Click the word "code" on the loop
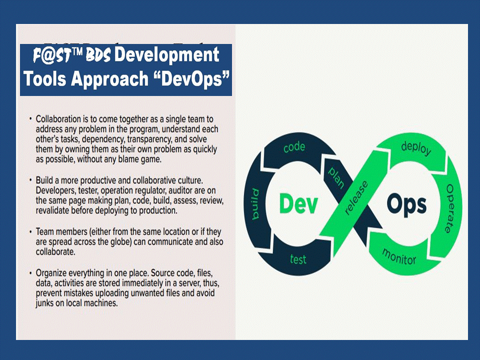coord(294,147)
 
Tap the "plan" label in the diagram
coord(336,177)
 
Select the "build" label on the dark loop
coord(255,204)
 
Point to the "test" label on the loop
coord(298,259)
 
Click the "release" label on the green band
coord(356,197)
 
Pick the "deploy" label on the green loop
coord(416,148)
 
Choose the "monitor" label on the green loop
coord(399,256)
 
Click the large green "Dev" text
coord(298,203)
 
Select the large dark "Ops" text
coord(406,205)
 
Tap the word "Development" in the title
coord(166,55)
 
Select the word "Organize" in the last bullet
coord(51,273)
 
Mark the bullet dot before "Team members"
coord(30,231)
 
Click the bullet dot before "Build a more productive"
coord(30,179)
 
